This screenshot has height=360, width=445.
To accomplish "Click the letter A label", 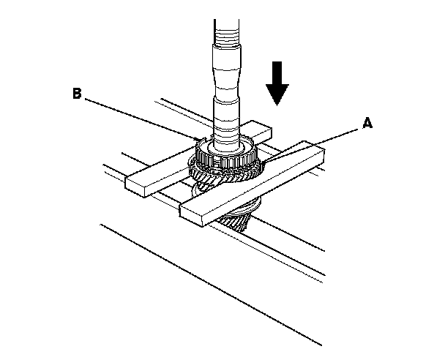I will coord(367,124).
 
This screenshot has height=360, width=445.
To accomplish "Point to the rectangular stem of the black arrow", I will coord(277,73).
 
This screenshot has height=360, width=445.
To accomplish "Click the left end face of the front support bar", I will coord(192,214).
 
